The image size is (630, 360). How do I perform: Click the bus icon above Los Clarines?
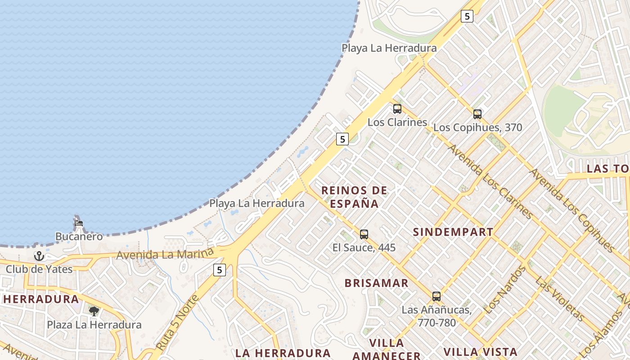[x=397, y=109]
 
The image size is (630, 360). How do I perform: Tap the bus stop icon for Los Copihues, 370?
[x=477, y=114]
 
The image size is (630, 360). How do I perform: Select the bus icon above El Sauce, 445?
[x=364, y=234]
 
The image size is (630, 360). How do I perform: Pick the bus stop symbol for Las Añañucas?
[x=436, y=297]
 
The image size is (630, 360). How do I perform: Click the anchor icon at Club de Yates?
[x=39, y=256]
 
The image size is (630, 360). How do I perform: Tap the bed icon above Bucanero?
[x=79, y=223]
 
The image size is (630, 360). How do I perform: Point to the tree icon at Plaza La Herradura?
[x=94, y=311]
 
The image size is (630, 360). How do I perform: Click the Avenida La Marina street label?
[x=165, y=254]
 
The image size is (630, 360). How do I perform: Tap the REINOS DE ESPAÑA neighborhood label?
[x=355, y=197]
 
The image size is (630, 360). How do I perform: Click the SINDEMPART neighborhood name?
[x=453, y=232]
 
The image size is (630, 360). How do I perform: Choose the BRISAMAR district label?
[x=377, y=283]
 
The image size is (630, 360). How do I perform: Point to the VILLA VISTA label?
[x=480, y=352]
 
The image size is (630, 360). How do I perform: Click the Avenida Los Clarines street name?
[x=490, y=181]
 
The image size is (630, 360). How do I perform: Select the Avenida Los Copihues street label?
[x=572, y=210]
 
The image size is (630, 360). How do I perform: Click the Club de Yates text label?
[x=39, y=269]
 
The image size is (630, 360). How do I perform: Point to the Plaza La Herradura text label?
[x=94, y=324]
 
